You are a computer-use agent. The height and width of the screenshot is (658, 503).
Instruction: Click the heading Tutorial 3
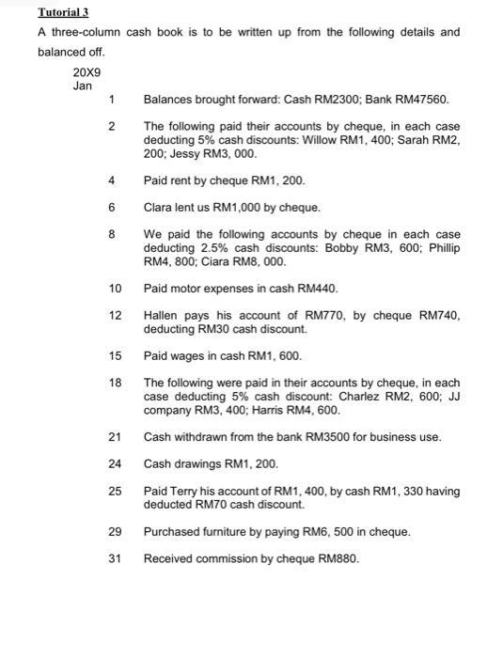point(63,12)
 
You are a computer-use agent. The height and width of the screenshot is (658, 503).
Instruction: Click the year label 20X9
point(86,71)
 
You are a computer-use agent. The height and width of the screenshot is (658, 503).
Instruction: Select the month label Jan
point(83,86)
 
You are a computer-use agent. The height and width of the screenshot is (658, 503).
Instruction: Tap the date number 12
point(116,316)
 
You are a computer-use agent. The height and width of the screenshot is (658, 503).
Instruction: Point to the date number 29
point(116,532)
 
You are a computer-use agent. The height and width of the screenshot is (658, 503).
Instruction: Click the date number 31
point(116,559)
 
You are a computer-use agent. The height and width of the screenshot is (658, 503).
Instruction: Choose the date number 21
point(116,437)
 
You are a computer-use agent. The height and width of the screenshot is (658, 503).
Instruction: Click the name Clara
point(159,207)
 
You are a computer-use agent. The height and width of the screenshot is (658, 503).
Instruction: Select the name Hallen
point(162,316)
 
